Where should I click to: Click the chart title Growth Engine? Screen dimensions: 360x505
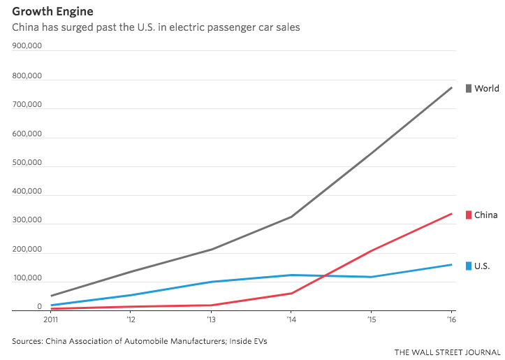coord(52,12)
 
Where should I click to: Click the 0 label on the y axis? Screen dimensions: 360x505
coord(40,307)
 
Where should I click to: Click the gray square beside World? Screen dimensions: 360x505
coord(469,88)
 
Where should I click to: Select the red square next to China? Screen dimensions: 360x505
coord(469,215)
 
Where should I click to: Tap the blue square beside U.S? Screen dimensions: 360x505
coord(469,266)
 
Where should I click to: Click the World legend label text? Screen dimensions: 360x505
coord(487,88)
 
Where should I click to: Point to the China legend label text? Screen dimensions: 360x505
coord(486,215)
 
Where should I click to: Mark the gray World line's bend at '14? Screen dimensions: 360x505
coord(291,217)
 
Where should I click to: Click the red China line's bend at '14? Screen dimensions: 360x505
coord(291,294)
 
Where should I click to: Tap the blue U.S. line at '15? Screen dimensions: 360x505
coord(371,277)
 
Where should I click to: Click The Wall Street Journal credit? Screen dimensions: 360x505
coord(448,352)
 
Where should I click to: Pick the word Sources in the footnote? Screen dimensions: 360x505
coord(27,341)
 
